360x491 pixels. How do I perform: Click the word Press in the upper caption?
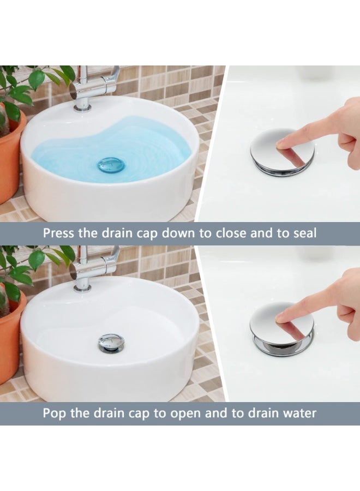click(58, 233)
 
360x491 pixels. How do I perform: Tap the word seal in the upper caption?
click(305, 233)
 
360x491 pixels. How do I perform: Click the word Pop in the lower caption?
click(55, 413)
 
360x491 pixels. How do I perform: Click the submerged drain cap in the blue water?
click(111, 165)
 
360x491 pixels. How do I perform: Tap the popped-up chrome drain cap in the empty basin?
click(111, 342)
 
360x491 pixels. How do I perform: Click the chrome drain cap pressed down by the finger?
click(282, 153)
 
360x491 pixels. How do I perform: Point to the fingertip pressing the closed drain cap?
click(282, 145)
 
